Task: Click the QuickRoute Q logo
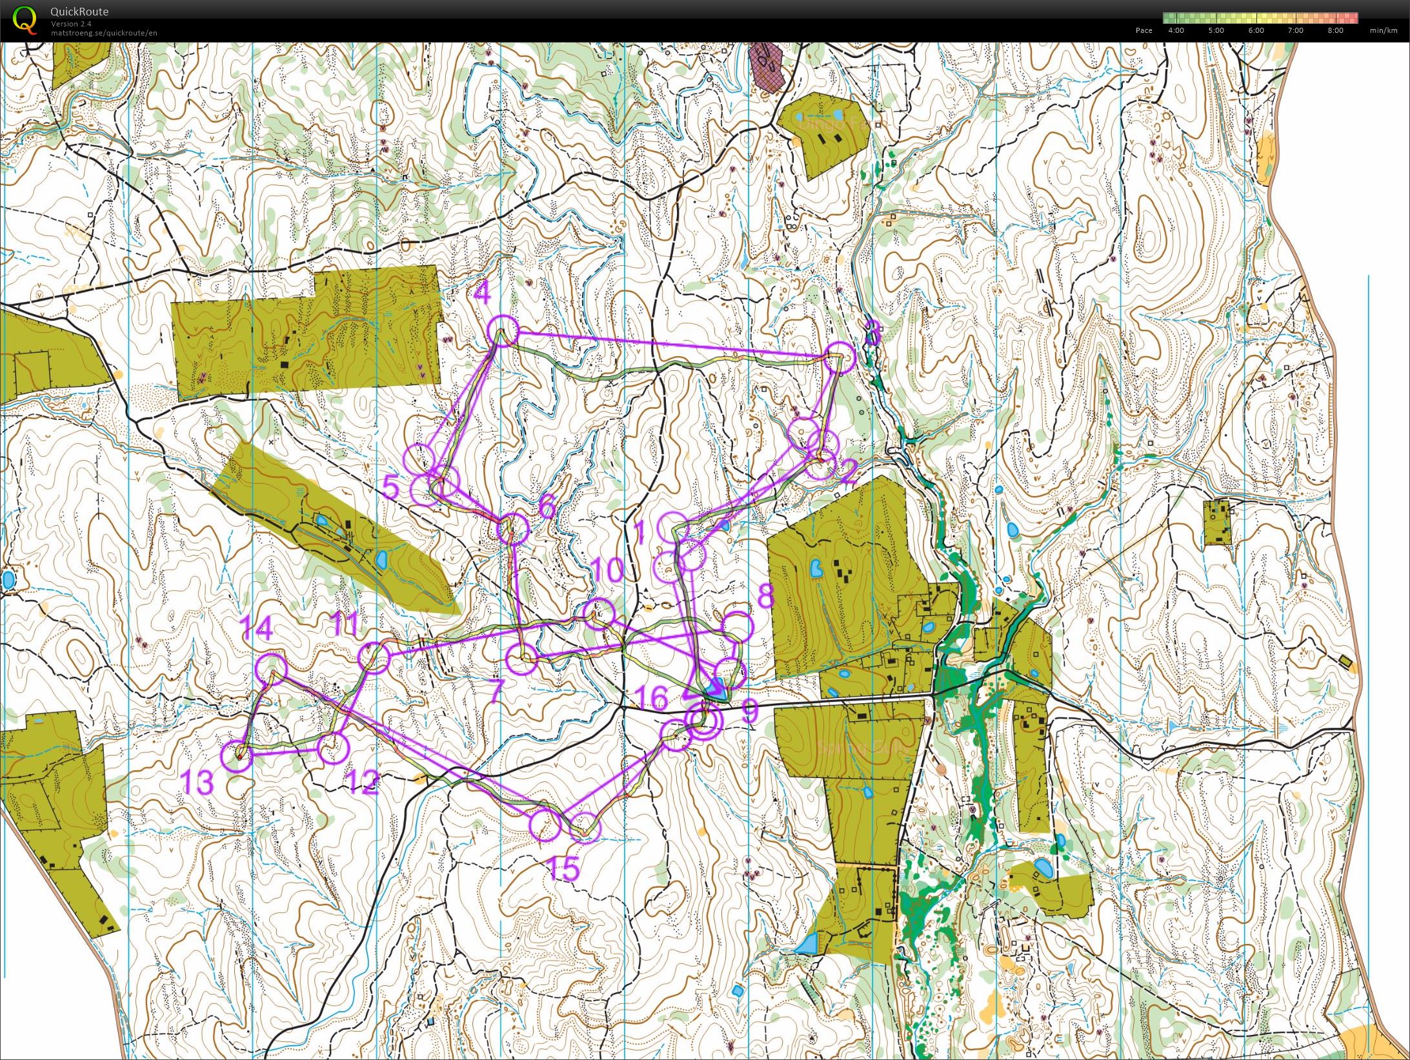click(25, 19)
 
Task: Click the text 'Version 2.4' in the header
click(71, 24)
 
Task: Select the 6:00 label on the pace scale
click(1256, 30)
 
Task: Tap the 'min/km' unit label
click(1384, 30)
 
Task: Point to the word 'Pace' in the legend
click(1143, 30)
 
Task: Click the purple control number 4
click(482, 294)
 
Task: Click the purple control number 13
click(197, 783)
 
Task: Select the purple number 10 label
click(607, 571)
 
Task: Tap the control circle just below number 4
click(503, 332)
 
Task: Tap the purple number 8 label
click(765, 596)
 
